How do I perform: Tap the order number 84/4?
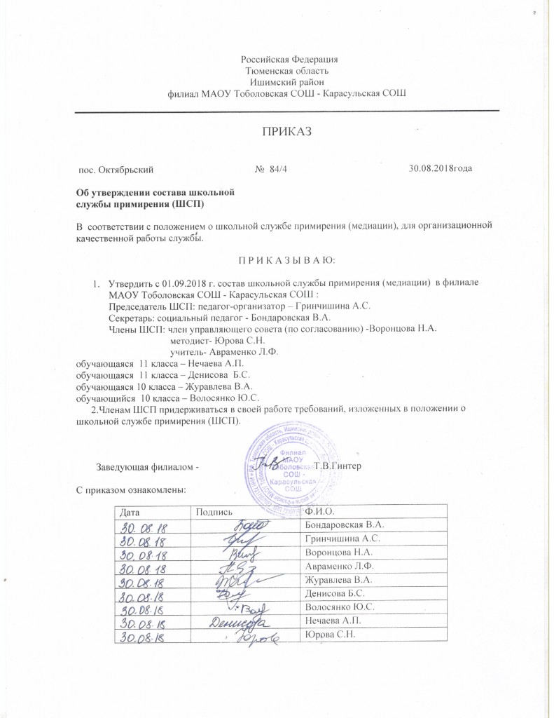coord(268,169)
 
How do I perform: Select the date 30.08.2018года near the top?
coord(443,169)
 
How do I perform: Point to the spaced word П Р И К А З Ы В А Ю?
coord(288,261)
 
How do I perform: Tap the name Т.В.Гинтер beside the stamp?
coord(338,466)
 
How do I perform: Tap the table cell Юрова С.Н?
coord(326,635)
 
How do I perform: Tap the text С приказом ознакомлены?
coord(131,489)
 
